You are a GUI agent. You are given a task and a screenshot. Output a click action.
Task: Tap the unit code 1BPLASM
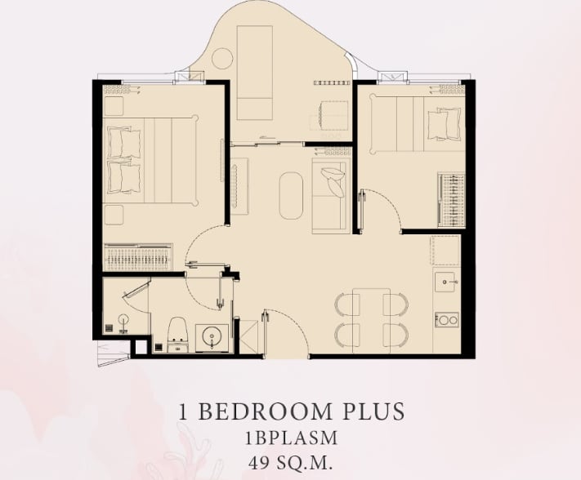291,438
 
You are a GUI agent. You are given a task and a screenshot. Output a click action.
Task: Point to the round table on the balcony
222,59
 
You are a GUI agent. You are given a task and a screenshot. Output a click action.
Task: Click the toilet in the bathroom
178,335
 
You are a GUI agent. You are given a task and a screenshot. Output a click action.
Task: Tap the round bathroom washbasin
212,336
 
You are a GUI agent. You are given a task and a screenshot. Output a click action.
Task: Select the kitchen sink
445,282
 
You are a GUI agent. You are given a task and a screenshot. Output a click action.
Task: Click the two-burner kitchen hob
446,320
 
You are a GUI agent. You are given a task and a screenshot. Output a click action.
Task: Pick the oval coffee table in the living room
291,195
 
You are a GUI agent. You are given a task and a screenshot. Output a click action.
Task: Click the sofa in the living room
331,196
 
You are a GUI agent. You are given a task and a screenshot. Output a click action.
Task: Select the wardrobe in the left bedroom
138,257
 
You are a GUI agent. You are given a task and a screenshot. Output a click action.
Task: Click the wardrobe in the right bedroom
451,199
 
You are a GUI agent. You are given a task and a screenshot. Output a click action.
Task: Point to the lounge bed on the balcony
255,73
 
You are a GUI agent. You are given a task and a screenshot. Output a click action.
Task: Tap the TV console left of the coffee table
239,186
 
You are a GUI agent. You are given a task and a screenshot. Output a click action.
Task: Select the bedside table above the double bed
114,106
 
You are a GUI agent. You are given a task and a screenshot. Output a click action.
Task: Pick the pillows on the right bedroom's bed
445,124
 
